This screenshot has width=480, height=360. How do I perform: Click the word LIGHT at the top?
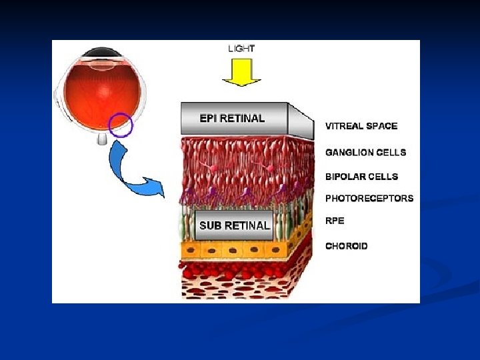coord(241,48)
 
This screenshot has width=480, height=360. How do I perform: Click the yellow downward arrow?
coord(241,72)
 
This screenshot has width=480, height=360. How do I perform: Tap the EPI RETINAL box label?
coord(233,119)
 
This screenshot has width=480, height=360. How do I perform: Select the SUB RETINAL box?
coord(234,225)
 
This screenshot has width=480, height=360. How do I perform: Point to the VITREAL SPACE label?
coord(361,126)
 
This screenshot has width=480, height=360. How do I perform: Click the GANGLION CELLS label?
coord(365,152)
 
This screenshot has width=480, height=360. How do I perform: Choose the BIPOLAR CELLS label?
coord(361,177)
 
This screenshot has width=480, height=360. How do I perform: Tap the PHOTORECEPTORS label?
coord(369,198)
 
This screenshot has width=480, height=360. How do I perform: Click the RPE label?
coord(335,221)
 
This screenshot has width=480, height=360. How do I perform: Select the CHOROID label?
coord(346,246)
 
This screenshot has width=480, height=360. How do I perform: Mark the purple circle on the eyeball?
coord(121,125)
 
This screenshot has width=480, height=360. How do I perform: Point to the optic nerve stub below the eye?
coord(101,139)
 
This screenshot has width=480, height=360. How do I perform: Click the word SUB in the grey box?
coord(210,225)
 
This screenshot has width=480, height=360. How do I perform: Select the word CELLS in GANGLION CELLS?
coord(390,152)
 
